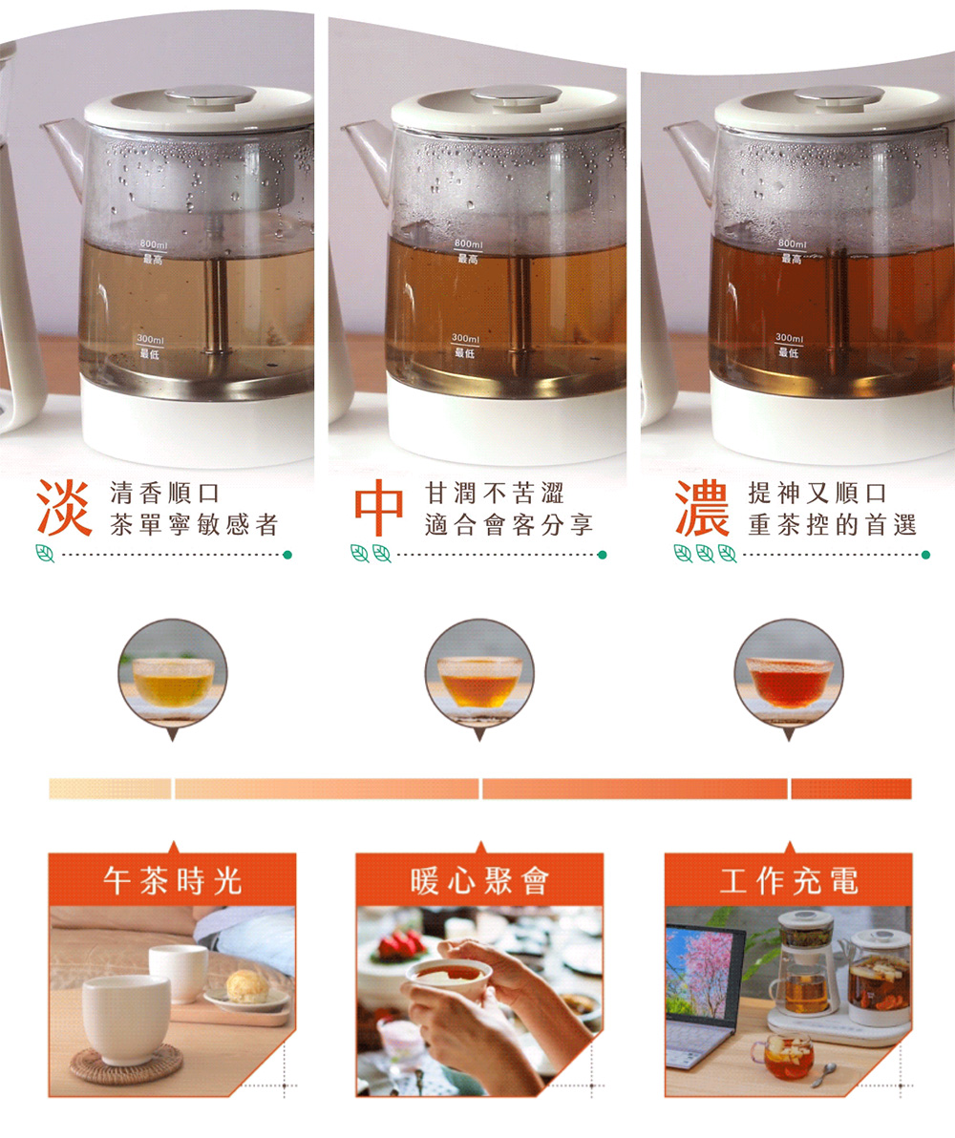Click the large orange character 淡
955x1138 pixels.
64,507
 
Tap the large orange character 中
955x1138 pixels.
378,507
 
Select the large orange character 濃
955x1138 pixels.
702,507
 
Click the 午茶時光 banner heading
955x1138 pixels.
172,881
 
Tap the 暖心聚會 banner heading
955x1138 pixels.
479,881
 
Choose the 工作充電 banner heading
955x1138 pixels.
789,881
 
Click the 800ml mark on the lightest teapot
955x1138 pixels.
153,245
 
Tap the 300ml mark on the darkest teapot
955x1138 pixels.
789,338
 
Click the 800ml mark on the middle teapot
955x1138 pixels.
468,243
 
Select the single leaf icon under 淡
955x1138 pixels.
45,554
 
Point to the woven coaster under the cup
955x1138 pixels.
126,1063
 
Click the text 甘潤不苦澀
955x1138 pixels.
495,494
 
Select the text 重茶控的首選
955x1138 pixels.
832,525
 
